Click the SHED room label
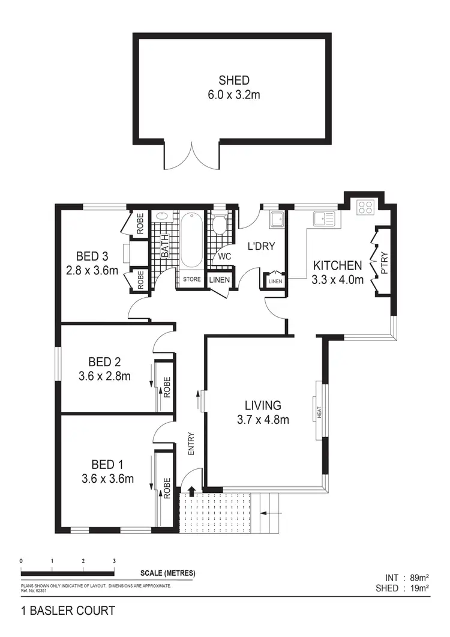pos(233,80)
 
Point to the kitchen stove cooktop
pos(365,207)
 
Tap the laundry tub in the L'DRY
pos(277,220)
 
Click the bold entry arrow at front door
pos(192,491)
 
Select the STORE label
pos(191,279)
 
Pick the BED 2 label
pos(104,361)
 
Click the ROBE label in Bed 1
pos(167,488)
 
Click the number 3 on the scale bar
pos(114,560)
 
